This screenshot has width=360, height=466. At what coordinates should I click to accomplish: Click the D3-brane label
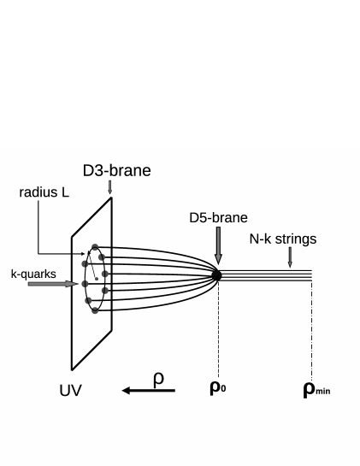(116, 171)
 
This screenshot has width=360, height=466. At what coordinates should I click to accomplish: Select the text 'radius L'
(44, 193)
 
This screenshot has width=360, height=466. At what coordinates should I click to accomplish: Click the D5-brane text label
(218, 218)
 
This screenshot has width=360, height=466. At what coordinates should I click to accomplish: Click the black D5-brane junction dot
(216, 275)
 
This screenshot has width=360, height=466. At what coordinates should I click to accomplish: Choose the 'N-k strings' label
(282, 239)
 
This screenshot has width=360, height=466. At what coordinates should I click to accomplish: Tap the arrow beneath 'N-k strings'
(291, 257)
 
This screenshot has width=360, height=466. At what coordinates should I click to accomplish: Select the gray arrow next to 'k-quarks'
(51, 284)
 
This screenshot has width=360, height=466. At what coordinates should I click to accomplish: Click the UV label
(73, 392)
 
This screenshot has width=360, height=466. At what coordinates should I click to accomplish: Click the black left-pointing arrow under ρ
(148, 391)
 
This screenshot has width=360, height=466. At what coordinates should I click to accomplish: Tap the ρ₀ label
(219, 389)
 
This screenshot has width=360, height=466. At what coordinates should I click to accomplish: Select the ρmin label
(316, 390)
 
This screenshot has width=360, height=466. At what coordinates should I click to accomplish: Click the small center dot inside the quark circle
(97, 278)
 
